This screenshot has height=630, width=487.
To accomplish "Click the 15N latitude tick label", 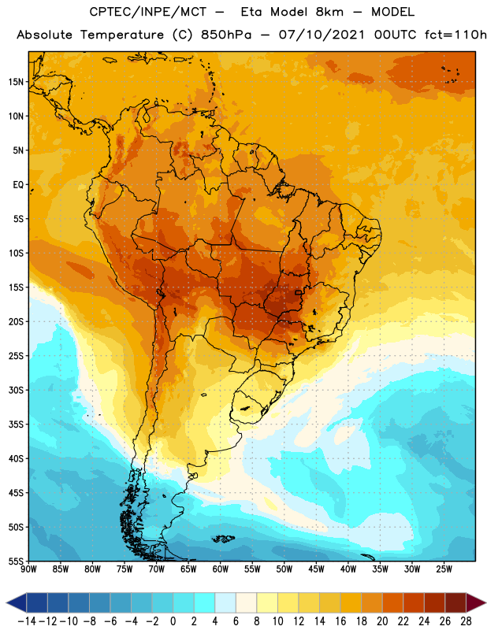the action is coord(16,82).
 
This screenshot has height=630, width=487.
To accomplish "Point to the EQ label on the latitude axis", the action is coord(18,185).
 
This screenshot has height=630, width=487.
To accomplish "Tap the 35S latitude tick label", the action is coord(16,424).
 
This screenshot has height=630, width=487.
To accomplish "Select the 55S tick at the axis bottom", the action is coord(16,561).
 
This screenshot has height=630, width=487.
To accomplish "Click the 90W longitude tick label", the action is coord(29,569).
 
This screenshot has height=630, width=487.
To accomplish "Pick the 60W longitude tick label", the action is coord(221,569).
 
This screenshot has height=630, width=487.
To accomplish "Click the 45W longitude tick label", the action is coord(316,569).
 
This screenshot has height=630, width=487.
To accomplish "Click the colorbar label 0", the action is coord(173,621).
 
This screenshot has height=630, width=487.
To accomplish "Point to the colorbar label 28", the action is coord(466,621).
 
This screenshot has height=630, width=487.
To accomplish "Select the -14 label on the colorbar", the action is coord(27,621).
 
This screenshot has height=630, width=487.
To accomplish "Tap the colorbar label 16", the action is coord(340,621).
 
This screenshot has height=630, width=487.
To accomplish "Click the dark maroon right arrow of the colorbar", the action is coord(476,602).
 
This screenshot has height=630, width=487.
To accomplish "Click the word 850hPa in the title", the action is coord(226,35).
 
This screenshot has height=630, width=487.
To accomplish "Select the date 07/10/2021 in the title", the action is coord(322,35).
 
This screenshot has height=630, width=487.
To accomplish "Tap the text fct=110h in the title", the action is coord(455,35).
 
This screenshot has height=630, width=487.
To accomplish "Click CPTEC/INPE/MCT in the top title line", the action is coord(148,12).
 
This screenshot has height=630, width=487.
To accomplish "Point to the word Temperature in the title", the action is coord(122,35).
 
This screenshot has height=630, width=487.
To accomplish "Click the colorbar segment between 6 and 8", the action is coord(246,602).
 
